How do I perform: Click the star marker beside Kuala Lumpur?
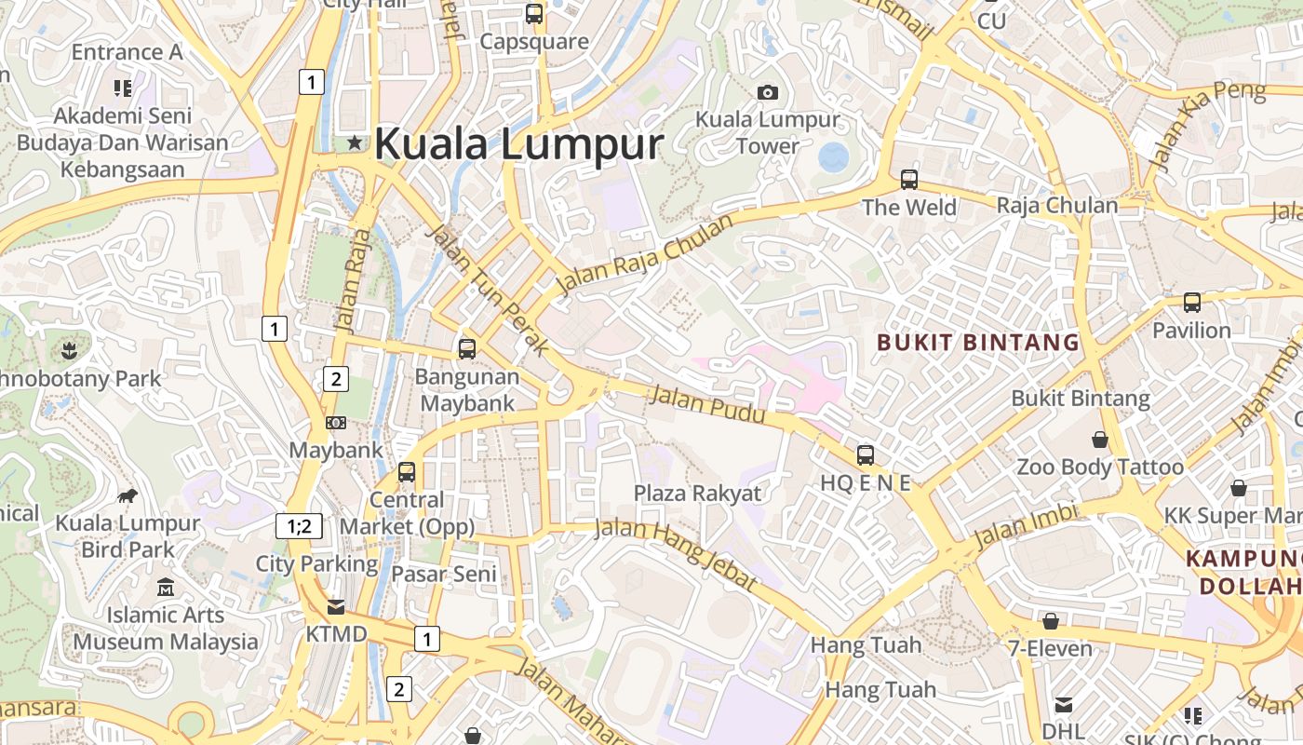354,143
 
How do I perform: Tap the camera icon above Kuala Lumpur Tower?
768,92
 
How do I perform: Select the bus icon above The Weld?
909,180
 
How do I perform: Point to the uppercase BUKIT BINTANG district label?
978,343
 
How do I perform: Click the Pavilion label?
1191,331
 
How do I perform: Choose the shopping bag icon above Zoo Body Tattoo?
1100,440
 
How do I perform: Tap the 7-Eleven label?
1050,648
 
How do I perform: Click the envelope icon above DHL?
1063,705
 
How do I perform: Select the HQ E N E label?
865,482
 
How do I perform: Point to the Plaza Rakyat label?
697,494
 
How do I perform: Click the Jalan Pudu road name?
707,404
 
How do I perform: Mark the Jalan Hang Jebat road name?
676,553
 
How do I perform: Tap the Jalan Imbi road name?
1025,527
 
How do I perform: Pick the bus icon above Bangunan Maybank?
467,349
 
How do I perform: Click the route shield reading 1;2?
299,526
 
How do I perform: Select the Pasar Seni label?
443,574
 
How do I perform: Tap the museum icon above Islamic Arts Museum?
166,588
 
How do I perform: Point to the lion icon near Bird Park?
128,496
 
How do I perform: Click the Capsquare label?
534,42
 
